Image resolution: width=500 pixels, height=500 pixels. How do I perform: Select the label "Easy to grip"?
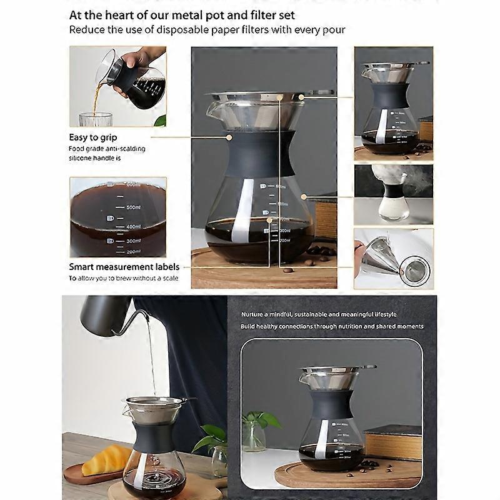click(93, 137)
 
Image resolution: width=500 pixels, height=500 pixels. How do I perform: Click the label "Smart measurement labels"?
click(124, 267)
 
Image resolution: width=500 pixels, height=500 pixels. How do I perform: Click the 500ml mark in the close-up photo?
click(133, 207)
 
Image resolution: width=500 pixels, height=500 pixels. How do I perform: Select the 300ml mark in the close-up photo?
click(133, 241)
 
